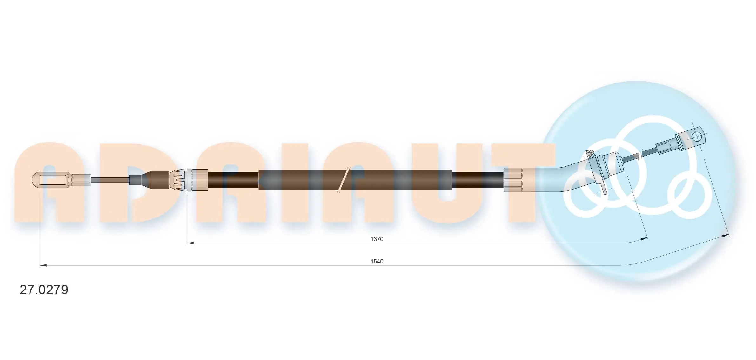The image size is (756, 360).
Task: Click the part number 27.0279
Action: pyautogui.click(x=44, y=290)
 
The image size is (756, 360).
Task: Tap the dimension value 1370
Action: pyautogui.click(x=377, y=239)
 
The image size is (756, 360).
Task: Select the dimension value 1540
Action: pyautogui.click(x=377, y=261)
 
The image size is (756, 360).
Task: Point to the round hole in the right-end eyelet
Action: pyautogui.click(x=697, y=137)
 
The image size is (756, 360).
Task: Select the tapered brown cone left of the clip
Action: pyautogui.click(x=159, y=180)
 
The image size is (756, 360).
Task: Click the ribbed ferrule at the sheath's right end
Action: pyautogui.click(x=513, y=180)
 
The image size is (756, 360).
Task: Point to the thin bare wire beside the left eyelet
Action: pyautogui.click(x=110, y=180)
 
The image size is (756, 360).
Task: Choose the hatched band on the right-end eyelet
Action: pyautogui.click(x=679, y=142)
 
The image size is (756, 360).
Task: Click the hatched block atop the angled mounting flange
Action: pyautogui.click(x=589, y=154)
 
